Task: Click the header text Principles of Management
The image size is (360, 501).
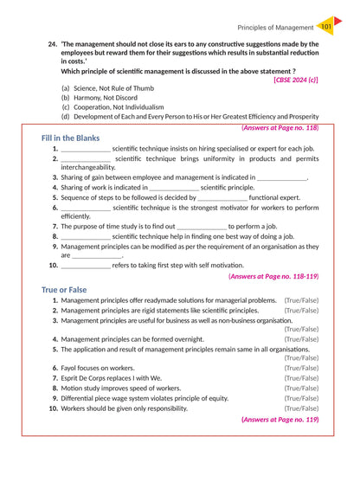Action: tap(274, 28)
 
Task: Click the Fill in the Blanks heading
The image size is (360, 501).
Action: tap(70, 138)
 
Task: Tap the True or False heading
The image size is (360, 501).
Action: tap(64, 290)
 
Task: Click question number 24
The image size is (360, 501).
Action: tap(53, 44)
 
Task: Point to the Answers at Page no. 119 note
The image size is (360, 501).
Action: tap(280, 419)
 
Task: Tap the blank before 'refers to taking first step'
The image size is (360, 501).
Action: tap(86, 265)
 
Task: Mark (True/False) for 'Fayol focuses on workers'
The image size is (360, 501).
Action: tap(301, 368)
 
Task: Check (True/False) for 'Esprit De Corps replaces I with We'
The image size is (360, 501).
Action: tap(301, 378)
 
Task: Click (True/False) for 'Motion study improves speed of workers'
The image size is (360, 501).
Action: tap(301, 389)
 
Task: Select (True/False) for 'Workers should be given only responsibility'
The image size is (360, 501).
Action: tap(301, 408)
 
